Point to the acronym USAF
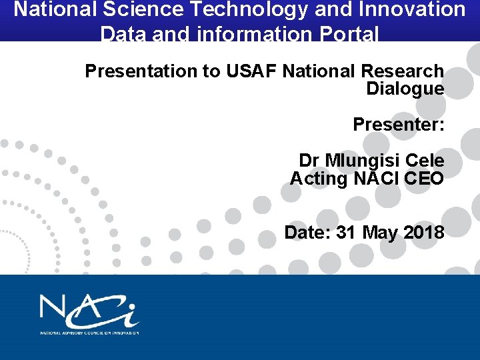(250, 71)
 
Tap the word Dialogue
(405, 89)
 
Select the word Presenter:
(399, 125)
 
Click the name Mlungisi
(360, 161)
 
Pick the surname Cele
(425, 161)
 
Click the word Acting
(319, 179)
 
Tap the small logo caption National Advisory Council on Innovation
(89, 332)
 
